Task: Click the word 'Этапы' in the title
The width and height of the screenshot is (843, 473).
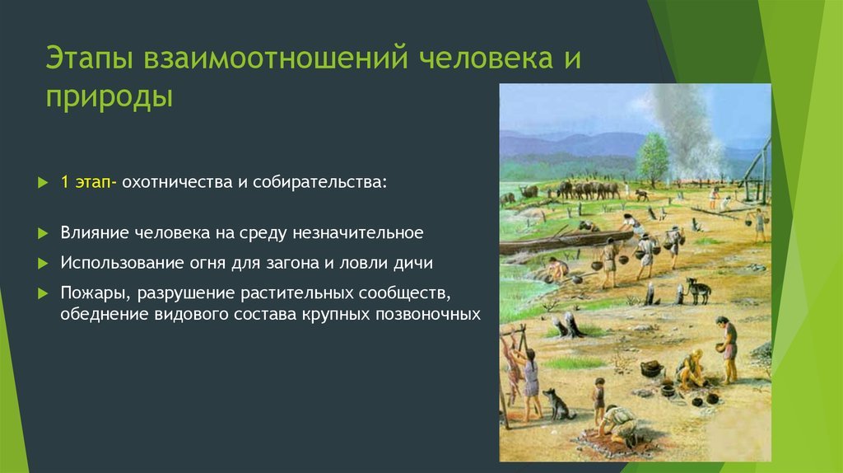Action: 89,59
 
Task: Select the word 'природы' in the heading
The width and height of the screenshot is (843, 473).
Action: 109,97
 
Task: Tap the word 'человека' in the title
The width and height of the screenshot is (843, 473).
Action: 486,59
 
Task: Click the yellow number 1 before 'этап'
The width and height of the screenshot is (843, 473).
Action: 64,182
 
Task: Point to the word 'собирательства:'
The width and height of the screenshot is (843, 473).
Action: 320,182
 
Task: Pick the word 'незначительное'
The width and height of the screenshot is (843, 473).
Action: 358,233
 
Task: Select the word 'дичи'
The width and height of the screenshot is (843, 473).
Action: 413,263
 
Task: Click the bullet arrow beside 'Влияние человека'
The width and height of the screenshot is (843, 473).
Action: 44,233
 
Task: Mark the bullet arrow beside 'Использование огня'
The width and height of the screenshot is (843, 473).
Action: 44,264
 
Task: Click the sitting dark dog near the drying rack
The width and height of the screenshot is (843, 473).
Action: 557,404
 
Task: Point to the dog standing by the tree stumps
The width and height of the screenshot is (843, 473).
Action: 698,291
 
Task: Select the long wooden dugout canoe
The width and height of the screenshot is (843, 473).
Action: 566,241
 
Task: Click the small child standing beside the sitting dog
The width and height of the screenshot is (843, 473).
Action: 598,400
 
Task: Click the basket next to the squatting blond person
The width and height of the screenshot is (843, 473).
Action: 652,368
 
